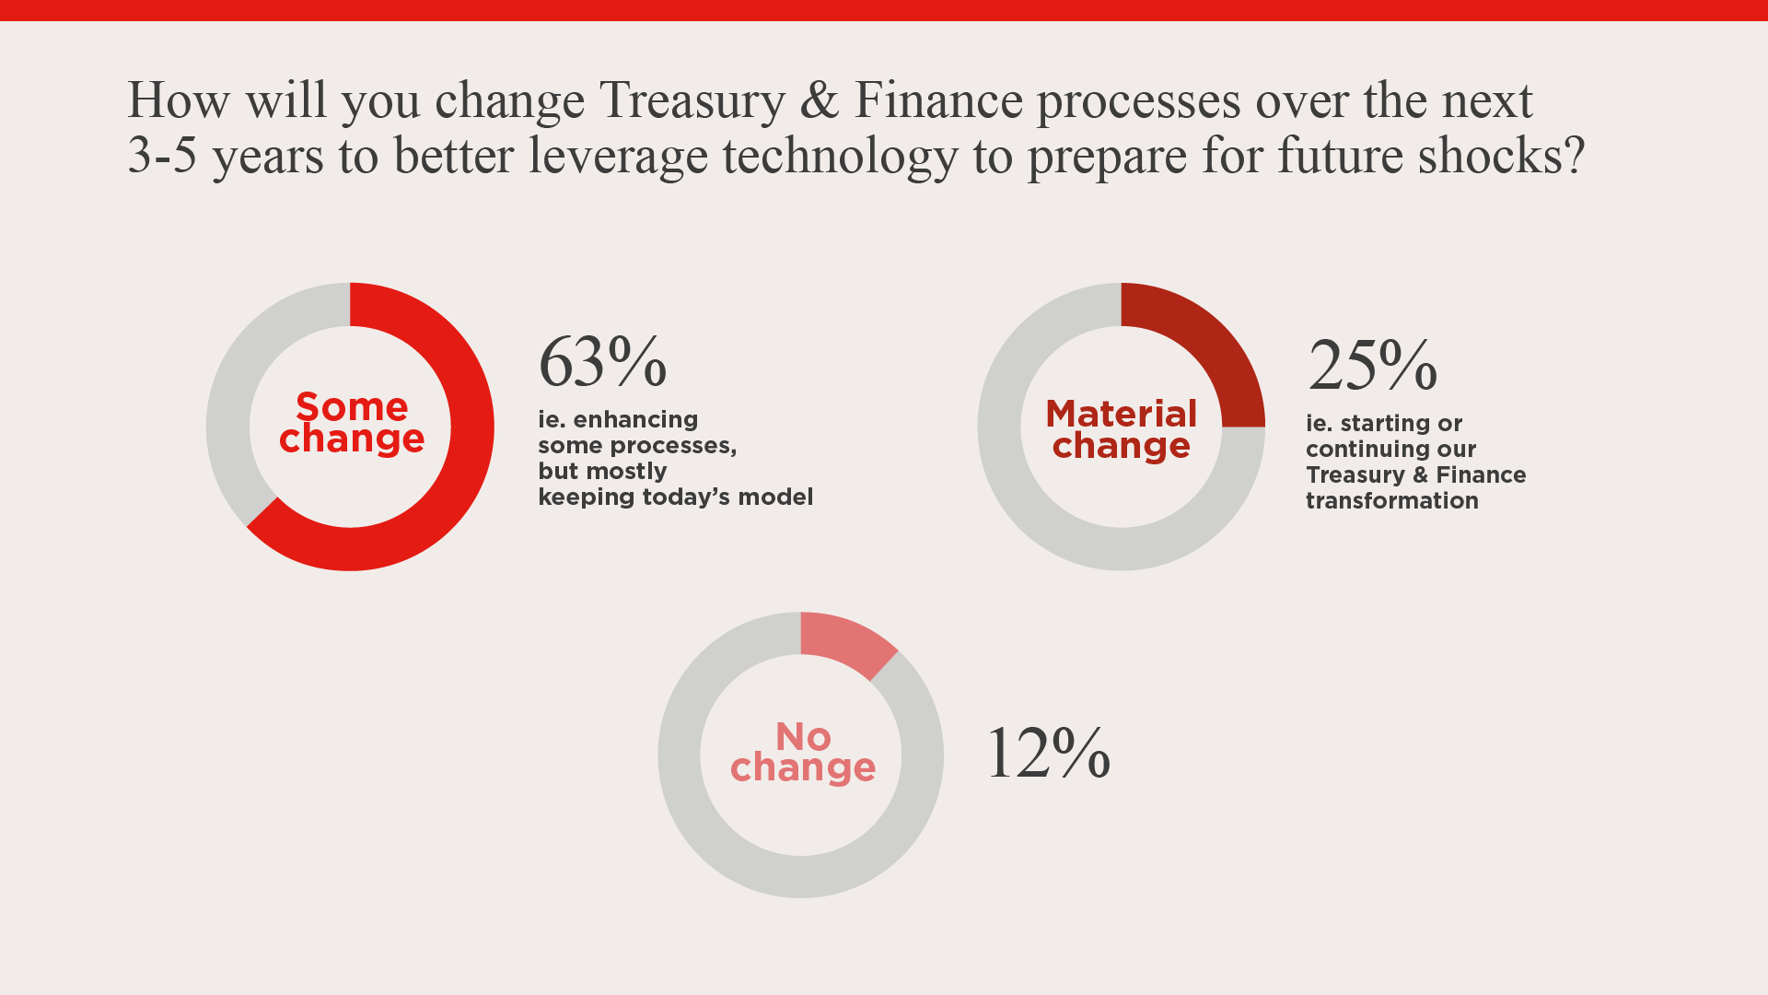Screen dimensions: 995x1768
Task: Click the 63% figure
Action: (x=602, y=361)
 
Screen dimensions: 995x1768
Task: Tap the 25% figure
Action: (x=1372, y=365)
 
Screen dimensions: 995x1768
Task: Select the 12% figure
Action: (x=1048, y=753)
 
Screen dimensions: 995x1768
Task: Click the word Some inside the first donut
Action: (x=352, y=406)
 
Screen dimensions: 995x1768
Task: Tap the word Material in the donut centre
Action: (x=1121, y=414)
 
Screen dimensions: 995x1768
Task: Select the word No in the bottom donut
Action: (x=803, y=736)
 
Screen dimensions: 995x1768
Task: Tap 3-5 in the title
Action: (x=162, y=155)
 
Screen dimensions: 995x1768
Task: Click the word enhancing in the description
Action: (x=635, y=419)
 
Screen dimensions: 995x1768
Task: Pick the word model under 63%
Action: (x=778, y=497)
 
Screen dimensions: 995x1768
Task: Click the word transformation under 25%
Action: (x=1391, y=500)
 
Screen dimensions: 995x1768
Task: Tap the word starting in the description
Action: (x=1381, y=423)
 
